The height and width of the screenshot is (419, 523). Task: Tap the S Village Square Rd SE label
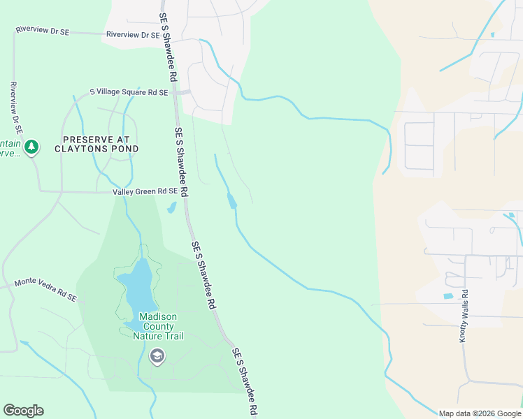(129, 92)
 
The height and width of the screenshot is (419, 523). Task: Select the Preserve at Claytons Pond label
(100, 144)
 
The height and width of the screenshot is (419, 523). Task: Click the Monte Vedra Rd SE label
(45, 290)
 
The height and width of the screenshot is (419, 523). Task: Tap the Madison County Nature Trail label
(157, 326)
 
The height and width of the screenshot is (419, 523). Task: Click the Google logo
(23, 411)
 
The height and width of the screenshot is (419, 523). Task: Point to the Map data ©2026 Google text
(480, 413)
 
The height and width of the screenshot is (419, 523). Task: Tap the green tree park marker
(31, 147)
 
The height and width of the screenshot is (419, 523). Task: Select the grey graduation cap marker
(157, 357)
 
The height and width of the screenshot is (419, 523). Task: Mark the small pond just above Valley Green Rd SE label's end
(171, 207)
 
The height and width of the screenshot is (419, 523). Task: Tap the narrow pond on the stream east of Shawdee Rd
(231, 201)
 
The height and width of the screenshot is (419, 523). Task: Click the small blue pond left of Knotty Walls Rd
(447, 296)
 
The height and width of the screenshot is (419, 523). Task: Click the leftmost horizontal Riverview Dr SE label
(43, 31)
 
